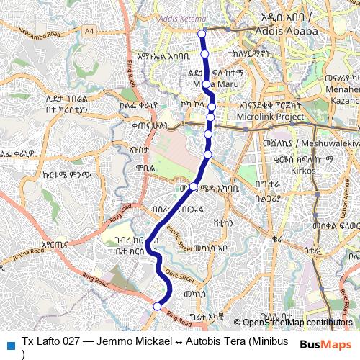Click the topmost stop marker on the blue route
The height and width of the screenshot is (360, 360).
202,34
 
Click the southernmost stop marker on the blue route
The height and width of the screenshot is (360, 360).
157,306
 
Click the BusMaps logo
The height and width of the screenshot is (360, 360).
328,343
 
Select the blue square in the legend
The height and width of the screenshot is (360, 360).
9,343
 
